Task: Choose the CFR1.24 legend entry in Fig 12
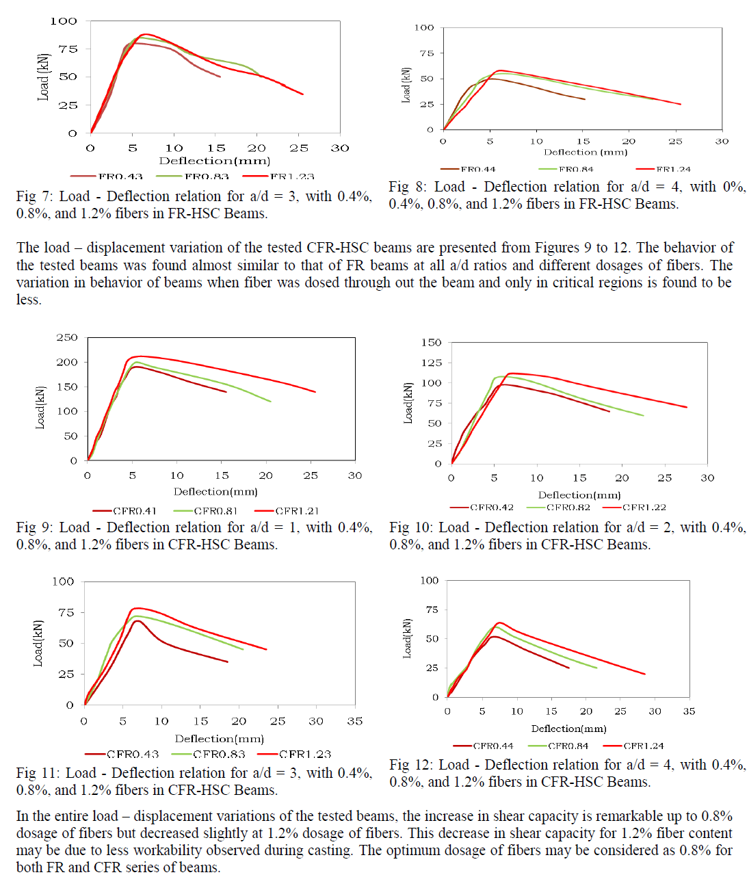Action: tap(644, 746)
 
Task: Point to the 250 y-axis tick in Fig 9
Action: tap(67, 337)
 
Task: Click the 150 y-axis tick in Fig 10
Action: tap(432, 342)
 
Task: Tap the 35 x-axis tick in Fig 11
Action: tap(354, 721)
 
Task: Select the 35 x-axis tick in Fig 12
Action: tap(689, 711)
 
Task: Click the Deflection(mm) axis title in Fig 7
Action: tap(214, 161)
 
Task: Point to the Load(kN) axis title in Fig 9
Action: tap(40, 408)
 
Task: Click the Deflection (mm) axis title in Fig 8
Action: tap(586, 152)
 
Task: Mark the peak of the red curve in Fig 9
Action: tap(139, 356)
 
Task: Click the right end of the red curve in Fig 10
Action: tap(686, 407)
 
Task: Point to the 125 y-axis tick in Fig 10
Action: tap(432, 363)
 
